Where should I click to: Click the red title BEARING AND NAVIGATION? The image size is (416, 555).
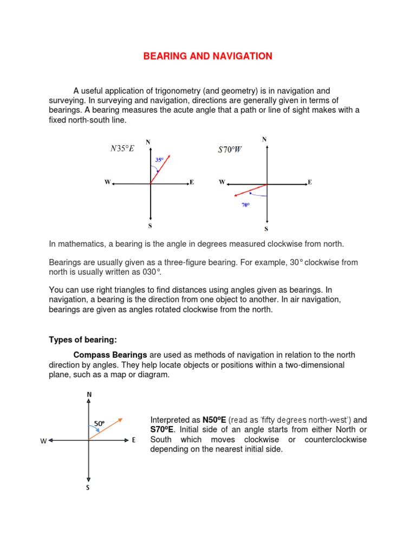[208, 56]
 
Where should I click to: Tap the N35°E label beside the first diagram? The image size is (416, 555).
[122, 149]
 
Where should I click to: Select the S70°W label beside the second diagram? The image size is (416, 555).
[230, 150]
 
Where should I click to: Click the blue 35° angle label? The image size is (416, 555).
[159, 160]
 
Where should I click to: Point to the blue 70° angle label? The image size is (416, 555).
[245, 205]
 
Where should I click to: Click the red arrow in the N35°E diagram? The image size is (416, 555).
[161, 169]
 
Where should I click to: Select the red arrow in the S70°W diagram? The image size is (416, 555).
[249, 190]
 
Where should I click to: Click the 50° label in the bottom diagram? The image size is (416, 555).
[99, 423]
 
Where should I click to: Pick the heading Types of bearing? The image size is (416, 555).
[83, 340]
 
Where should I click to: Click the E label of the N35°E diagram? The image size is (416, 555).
[192, 183]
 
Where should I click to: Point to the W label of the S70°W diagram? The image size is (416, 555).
[222, 183]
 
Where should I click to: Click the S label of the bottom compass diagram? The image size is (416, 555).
[88, 487]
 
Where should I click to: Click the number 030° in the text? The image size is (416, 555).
[152, 272]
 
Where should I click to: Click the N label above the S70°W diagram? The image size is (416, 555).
[264, 139]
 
